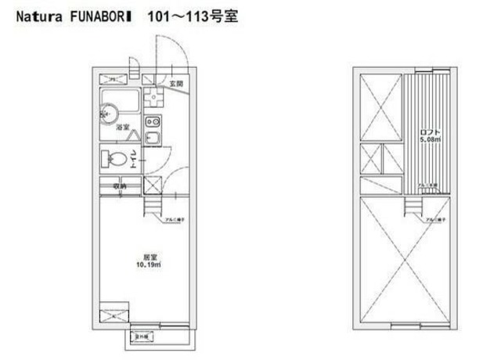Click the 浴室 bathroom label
pos(123,127)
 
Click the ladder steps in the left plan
pos(153,207)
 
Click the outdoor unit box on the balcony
pos(143,337)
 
